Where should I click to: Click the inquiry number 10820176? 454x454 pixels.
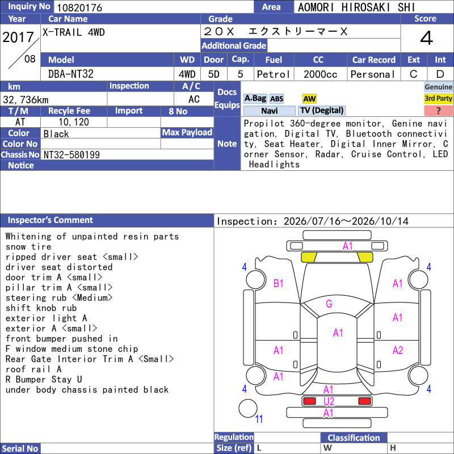pos(79,7)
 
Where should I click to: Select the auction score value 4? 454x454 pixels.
pos(427,38)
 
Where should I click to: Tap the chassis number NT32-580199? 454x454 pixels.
pos(72,155)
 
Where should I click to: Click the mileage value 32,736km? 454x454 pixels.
pos(26,100)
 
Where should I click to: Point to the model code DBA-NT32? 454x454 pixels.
pos(70,74)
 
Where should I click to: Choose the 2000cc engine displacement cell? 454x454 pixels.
pos(320,74)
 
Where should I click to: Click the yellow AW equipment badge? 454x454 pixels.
pos(309,99)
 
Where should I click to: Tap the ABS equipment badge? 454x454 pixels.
pos(276,99)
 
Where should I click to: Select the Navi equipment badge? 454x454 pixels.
pos(269,111)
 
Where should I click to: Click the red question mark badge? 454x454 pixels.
pos(438,111)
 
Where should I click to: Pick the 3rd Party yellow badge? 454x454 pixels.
pos(438,99)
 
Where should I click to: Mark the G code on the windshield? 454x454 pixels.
pos(329,304)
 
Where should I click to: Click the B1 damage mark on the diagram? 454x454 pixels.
pos(278,283)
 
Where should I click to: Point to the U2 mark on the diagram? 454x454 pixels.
pos(329,402)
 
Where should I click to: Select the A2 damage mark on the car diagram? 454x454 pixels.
pos(398,351)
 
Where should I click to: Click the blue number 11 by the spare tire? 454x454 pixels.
pos(259,419)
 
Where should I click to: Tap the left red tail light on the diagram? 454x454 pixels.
pos(309,401)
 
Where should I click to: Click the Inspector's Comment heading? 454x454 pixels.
pos(50,220)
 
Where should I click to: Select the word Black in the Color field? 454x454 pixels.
pos(56,134)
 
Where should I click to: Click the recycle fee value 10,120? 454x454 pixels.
pos(74,122)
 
